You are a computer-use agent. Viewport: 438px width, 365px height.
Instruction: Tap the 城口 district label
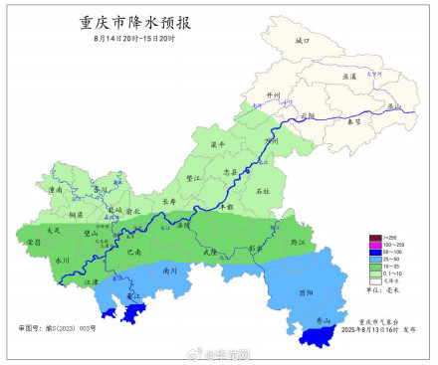coord(303,41)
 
